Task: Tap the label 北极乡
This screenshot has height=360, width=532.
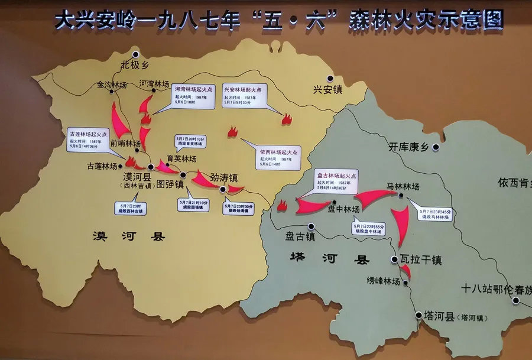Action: [133, 64]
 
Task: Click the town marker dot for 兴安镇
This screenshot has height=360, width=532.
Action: [330, 78]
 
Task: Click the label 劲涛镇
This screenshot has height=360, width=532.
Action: [225, 177]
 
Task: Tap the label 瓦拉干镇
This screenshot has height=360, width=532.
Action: [421, 260]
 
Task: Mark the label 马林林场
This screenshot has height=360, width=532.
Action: [403, 186]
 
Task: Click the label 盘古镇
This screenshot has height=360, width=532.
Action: [300, 236]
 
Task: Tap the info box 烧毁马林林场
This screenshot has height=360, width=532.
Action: [436, 214]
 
